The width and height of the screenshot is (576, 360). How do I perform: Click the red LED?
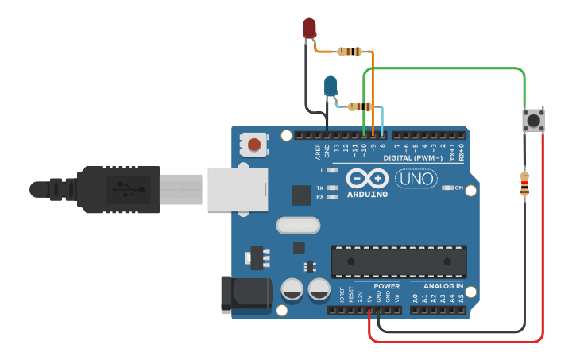309,29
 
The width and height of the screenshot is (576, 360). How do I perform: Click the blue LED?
331,85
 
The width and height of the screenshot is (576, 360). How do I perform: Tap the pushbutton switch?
533,121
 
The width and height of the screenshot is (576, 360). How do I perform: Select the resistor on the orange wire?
350,52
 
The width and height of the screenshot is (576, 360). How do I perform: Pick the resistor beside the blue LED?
360,106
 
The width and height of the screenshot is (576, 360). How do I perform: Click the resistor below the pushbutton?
524,184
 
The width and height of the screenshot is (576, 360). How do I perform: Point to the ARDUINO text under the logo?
367,194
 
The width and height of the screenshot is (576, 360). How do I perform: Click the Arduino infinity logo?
367,178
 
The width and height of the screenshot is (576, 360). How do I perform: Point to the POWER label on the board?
387,286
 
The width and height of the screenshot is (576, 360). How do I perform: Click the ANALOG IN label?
438,286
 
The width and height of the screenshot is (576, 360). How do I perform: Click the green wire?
445,69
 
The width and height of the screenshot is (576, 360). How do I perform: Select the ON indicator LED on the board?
446,188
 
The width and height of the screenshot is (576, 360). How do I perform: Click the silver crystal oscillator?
297,226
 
